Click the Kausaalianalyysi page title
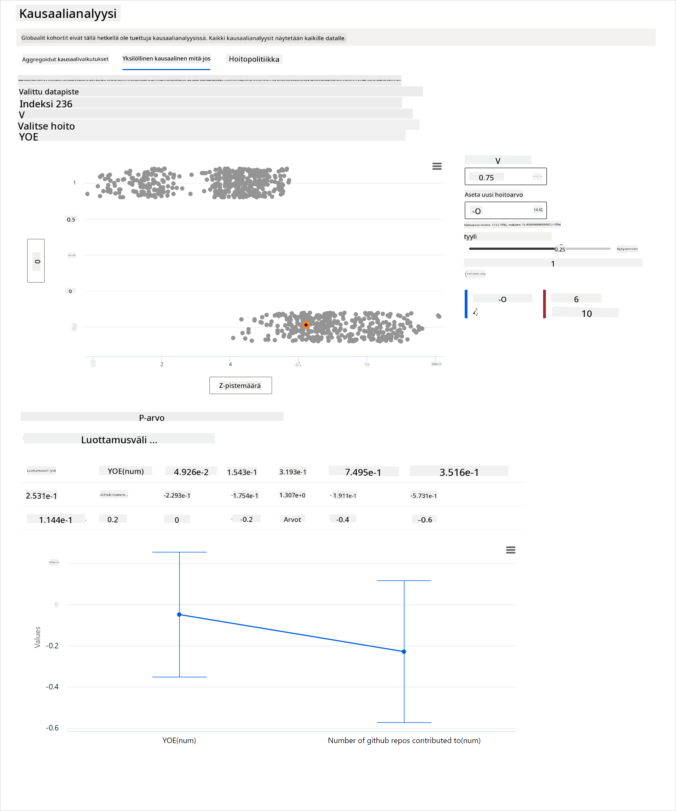pyautogui.click(x=68, y=13)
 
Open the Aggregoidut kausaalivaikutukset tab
pyautogui.click(x=65, y=59)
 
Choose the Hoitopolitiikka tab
pyautogui.click(x=254, y=59)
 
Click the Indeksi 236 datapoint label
pyautogui.click(x=46, y=104)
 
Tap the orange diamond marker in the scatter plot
pyautogui.click(x=306, y=325)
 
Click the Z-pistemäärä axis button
pyautogui.click(x=240, y=385)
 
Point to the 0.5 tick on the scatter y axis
pyautogui.click(x=71, y=220)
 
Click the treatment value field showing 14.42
pyautogui.click(x=505, y=210)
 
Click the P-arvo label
pyautogui.click(x=152, y=417)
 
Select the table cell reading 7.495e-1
pyautogui.click(x=363, y=472)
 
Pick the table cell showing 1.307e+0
pyautogui.click(x=292, y=495)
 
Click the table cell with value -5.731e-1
pyautogui.click(x=424, y=495)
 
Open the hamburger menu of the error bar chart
pyautogui.click(x=510, y=550)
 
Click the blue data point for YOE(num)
pyautogui.click(x=179, y=614)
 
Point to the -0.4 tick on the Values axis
pyautogui.click(x=52, y=687)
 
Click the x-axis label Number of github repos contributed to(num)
pyautogui.click(x=404, y=740)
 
